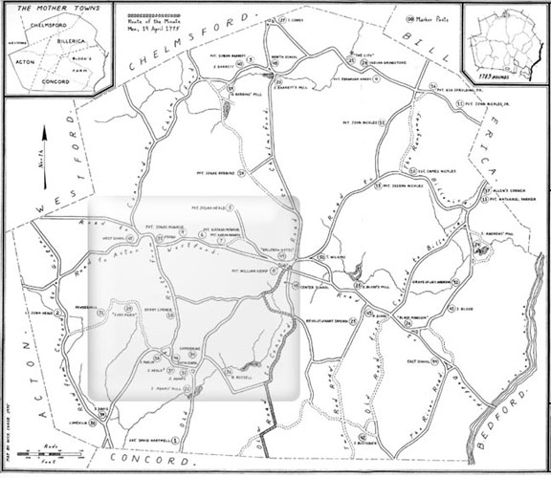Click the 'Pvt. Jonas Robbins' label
[x=214, y=173]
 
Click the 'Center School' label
[x=315, y=287]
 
